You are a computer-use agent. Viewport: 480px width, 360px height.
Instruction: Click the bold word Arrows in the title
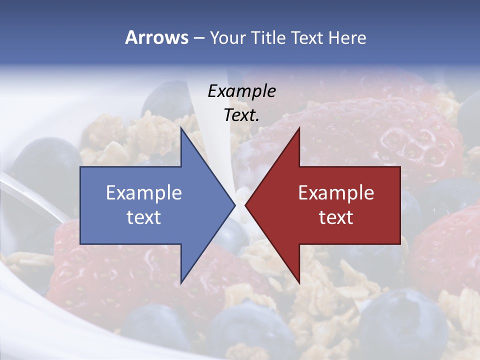click(156, 38)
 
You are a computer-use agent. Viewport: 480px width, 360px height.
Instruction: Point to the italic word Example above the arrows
click(241, 91)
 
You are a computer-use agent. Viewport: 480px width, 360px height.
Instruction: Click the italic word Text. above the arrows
click(241, 115)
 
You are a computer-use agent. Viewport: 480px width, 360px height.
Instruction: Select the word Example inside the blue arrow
click(143, 193)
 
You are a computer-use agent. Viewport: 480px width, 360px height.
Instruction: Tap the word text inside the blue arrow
click(143, 217)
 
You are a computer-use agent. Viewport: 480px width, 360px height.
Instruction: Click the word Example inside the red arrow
click(336, 193)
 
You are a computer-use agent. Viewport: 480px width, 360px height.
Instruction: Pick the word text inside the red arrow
click(336, 217)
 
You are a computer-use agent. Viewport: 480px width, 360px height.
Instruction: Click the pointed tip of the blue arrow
click(234, 205)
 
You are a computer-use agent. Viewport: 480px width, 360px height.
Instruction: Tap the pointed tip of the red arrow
click(245, 205)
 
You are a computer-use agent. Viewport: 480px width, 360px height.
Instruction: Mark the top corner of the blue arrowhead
click(181, 128)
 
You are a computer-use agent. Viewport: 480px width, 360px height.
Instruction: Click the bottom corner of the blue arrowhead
click(181, 282)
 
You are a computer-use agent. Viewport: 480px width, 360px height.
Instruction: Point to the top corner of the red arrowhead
click(299, 128)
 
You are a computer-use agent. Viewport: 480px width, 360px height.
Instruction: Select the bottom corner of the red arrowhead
click(299, 282)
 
